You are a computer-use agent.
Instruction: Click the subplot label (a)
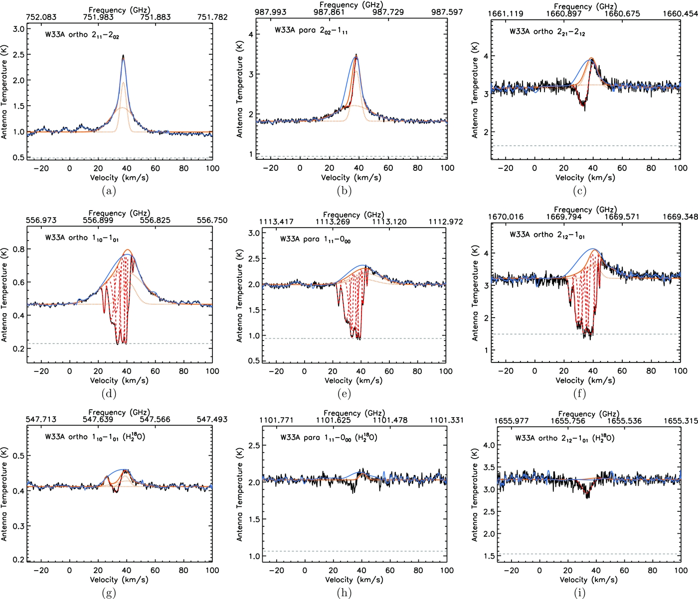tap(109, 191)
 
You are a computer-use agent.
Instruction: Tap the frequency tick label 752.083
tap(41, 17)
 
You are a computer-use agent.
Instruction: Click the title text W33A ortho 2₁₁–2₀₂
tap(82, 35)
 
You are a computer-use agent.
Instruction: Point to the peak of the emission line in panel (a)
tap(123, 56)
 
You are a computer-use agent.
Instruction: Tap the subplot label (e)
tap(344, 394)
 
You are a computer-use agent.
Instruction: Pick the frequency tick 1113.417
tap(277, 222)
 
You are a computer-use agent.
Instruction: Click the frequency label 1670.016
tap(506, 217)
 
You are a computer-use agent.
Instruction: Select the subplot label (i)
tap(579, 593)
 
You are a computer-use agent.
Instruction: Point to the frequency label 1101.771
tap(276, 420)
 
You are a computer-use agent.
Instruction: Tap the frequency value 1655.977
tap(512, 421)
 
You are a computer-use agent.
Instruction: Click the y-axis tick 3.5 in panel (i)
tap(489, 468)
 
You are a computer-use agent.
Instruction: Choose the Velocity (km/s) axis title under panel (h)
tap(354, 580)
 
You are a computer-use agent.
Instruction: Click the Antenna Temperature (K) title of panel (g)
tap(4, 494)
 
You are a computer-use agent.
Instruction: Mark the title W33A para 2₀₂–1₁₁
tap(311, 30)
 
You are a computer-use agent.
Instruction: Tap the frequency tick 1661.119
tap(506, 13)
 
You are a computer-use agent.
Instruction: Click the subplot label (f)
tap(579, 394)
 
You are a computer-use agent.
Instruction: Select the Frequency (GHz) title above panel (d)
tap(119, 213)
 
